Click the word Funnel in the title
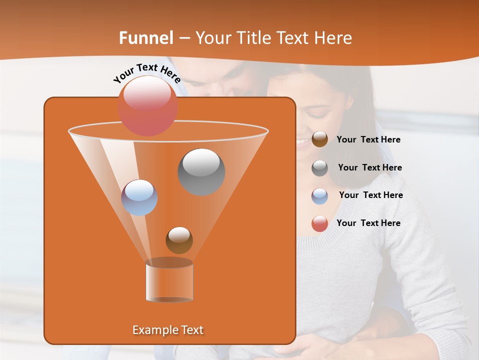click(x=146, y=38)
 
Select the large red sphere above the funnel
click(x=148, y=105)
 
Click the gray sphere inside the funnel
click(x=202, y=171)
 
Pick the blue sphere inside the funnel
click(x=139, y=197)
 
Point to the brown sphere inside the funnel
click(x=179, y=240)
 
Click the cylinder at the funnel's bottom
click(x=169, y=281)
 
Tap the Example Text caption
click(x=168, y=330)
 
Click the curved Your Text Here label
click(x=147, y=72)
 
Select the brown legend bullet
click(x=320, y=139)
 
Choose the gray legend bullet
click(x=320, y=168)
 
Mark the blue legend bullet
click(x=320, y=196)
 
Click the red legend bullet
click(x=320, y=223)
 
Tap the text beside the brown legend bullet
click(x=368, y=140)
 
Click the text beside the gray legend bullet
click(x=370, y=168)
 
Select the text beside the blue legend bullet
click(x=371, y=195)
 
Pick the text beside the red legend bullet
click(x=368, y=223)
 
